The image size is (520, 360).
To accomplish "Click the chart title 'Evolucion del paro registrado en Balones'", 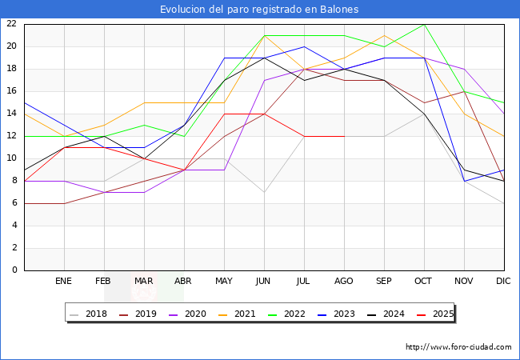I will [x=259, y=10].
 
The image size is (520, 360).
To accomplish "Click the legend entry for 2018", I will [x=90, y=314].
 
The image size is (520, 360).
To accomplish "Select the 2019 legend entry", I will [x=138, y=314].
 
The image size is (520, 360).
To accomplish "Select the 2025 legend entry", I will [x=431, y=314].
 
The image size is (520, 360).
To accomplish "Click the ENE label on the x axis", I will [x=64, y=282].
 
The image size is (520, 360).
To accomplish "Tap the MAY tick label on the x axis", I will [x=224, y=282].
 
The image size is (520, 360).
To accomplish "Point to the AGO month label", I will [x=344, y=282].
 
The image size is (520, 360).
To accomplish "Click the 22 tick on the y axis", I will [x=12, y=24].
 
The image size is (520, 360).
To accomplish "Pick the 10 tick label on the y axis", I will [x=12, y=158].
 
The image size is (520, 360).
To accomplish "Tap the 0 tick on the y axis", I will [x=14, y=270].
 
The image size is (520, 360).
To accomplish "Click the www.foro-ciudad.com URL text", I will [x=458, y=347].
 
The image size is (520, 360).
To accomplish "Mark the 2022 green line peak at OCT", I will [x=424, y=24].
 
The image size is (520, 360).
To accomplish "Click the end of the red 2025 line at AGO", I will [x=344, y=136].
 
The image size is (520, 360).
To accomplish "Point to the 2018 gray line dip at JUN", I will [x=264, y=192].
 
